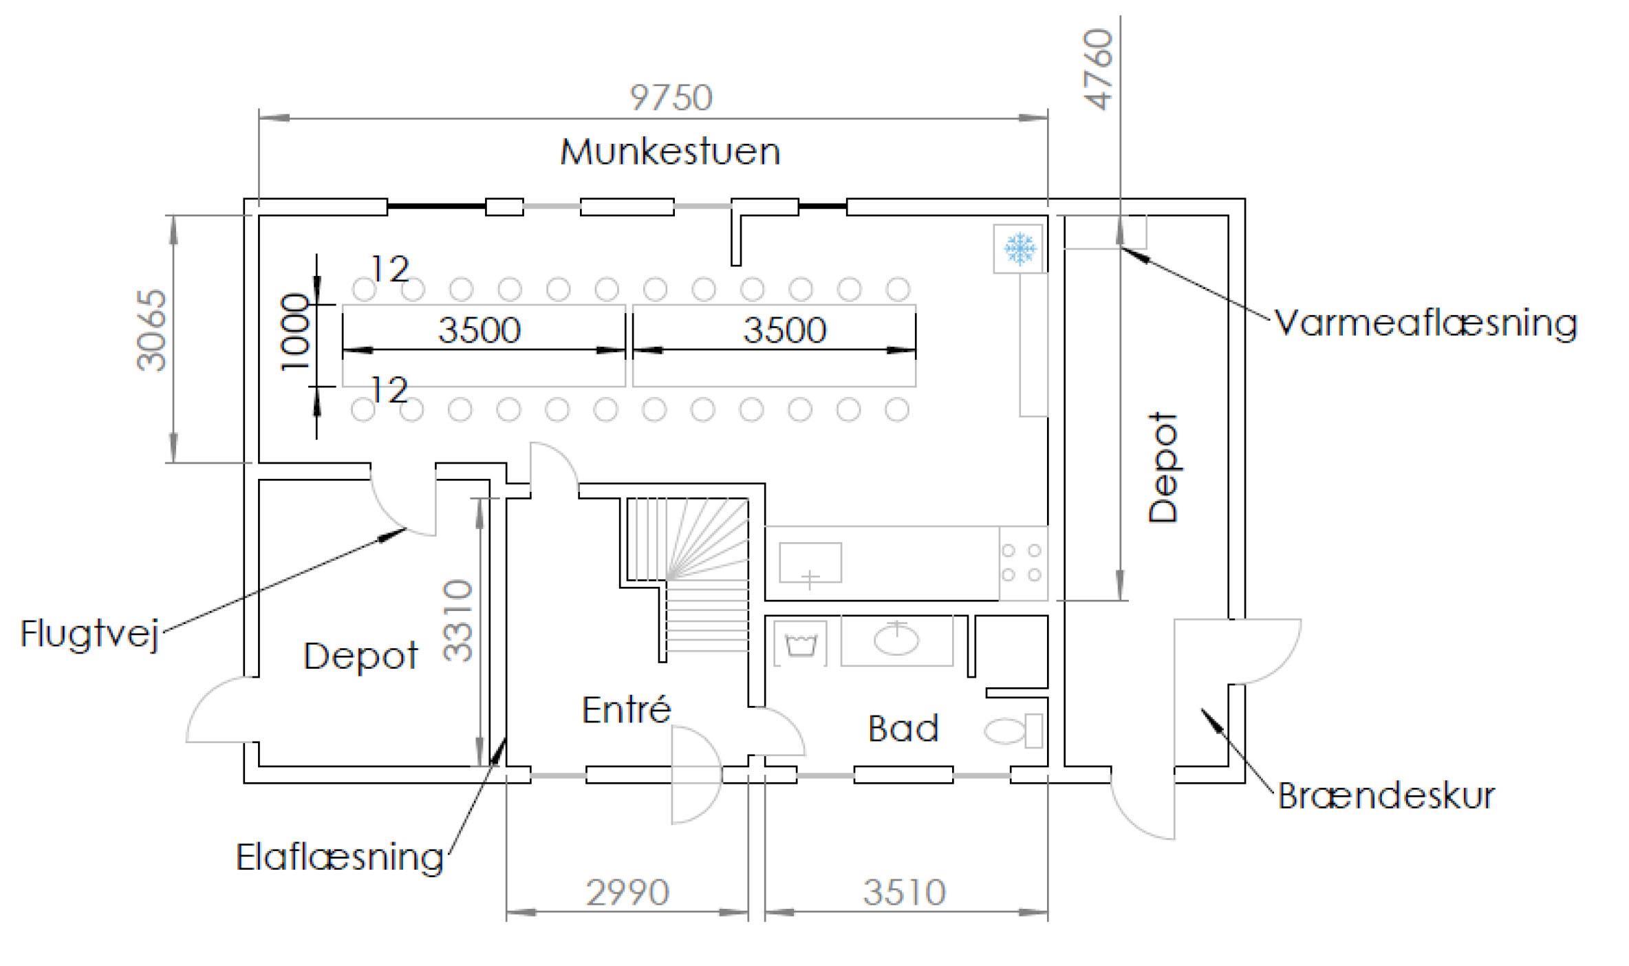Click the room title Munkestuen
(x=670, y=152)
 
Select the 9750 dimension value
(x=671, y=98)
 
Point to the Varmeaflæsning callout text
(x=1425, y=323)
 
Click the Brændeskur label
(x=1386, y=796)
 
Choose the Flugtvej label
(x=90, y=634)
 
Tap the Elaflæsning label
(x=340, y=858)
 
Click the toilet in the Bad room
(x=1013, y=731)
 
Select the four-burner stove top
(x=1022, y=563)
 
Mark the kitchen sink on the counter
(x=810, y=563)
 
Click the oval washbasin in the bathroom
(x=896, y=640)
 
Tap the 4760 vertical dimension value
(x=1099, y=69)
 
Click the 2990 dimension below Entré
(x=627, y=893)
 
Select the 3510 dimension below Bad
(x=905, y=893)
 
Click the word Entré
(x=626, y=710)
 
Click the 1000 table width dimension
(x=295, y=332)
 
